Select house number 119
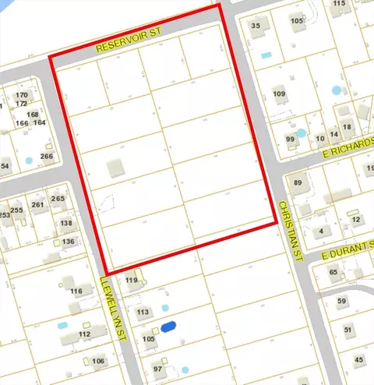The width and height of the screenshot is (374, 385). pyautogui.click(x=131, y=281)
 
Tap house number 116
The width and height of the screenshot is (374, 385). pyautogui.click(x=76, y=291)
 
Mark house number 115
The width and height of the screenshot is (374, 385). pyautogui.click(x=339, y=4)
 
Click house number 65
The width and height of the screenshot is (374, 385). pyautogui.click(x=333, y=272)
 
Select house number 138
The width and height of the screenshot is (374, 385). pyautogui.click(x=66, y=224)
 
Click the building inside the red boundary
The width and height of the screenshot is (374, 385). pyautogui.click(x=115, y=168)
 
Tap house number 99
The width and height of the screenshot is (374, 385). pyautogui.click(x=291, y=140)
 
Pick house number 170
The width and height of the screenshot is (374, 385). pyautogui.click(x=21, y=95)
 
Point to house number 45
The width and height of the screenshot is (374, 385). pyautogui.click(x=358, y=359)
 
